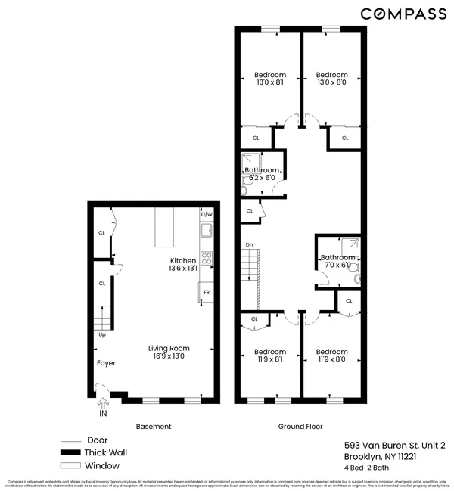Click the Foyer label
pyautogui.click(x=105, y=362)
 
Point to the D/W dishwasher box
pyautogui.click(x=207, y=215)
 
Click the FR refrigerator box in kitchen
pyautogui.click(x=206, y=291)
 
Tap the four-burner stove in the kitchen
pyautogui.click(x=206, y=257)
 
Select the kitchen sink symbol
pyautogui.click(x=207, y=235)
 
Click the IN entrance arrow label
pyautogui.click(x=103, y=414)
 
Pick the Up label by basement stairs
pyautogui.click(x=101, y=334)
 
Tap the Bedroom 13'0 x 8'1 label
pyautogui.click(x=269, y=79)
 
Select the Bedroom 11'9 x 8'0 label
pyautogui.click(x=331, y=356)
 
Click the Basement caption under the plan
pyautogui.click(x=153, y=427)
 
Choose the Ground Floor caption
pyautogui.click(x=300, y=427)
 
